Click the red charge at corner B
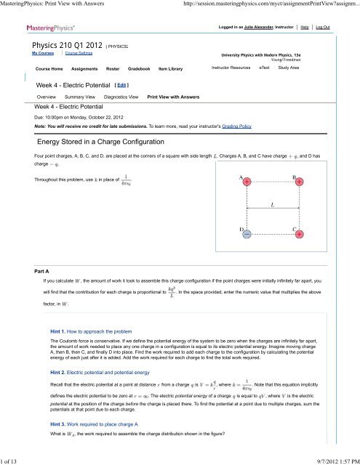point(300,182)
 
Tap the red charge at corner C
point(300,235)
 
